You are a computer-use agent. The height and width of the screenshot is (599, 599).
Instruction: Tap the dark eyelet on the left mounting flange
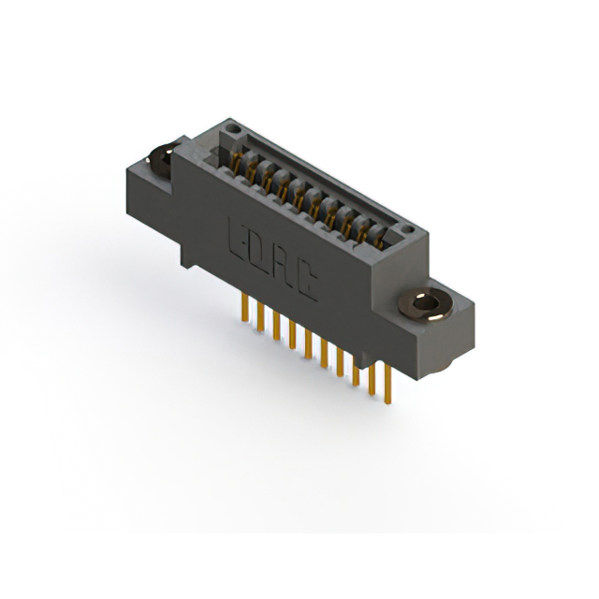(162, 159)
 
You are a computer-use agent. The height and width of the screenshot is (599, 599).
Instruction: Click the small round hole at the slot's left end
(233, 129)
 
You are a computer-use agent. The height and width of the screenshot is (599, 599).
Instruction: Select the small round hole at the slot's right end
(408, 229)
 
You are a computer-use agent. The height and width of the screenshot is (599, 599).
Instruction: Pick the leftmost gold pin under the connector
(245, 308)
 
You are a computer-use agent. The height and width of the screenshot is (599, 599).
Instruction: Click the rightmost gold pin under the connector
(387, 384)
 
